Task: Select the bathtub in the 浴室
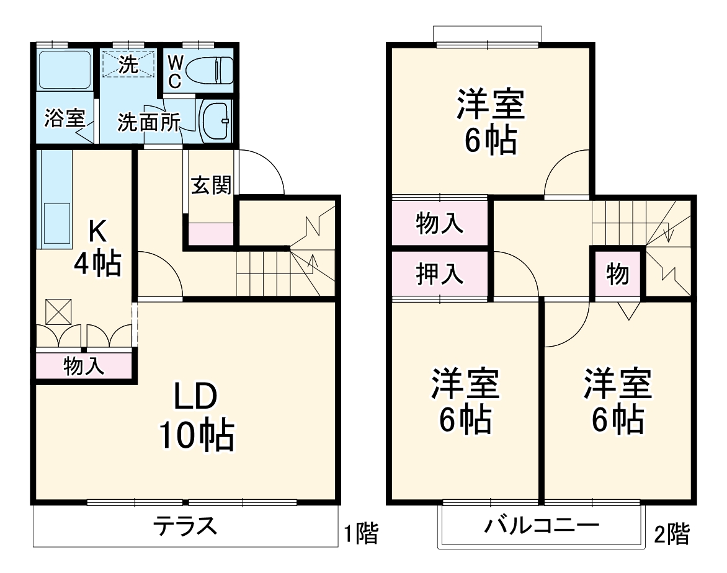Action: (x=65, y=69)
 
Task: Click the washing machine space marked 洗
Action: (x=128, y=64)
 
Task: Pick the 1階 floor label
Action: (x=361, y=533)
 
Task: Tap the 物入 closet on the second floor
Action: (x=440, y=223)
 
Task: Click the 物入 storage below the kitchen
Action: (x=84, y=366)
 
